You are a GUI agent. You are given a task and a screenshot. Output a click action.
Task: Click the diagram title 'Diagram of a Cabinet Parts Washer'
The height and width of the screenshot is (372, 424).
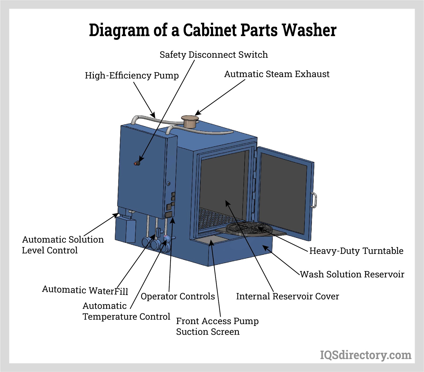tap(213, 30)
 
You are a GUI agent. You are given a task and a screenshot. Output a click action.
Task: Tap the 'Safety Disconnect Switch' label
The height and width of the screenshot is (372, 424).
tap(214, 55)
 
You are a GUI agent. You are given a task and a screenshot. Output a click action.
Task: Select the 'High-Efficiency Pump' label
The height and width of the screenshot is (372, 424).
tap(132, 75)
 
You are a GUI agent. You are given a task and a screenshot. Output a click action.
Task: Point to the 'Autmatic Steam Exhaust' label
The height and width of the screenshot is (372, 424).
tap(277, 74)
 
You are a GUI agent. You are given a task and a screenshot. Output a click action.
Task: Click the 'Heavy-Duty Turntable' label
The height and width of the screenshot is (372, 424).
tap(356, 251)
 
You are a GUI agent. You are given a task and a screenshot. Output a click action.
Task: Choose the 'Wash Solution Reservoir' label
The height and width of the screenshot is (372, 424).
tap(352, 274)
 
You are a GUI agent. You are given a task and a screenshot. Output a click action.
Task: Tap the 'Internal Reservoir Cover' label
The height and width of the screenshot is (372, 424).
tap(288, 296)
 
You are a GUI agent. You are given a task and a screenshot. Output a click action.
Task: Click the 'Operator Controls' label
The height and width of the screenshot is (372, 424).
tap(178, 296)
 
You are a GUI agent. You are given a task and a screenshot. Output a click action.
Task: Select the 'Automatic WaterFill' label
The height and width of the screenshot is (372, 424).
tap(85, 290)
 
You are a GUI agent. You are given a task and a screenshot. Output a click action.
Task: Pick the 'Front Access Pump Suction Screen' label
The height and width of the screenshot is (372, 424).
tap(217, 326)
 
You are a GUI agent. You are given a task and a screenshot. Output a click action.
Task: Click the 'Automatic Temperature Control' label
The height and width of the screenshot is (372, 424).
tap(126, 311)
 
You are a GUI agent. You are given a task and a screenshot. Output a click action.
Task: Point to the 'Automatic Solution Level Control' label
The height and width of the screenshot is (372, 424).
tap(63, 245)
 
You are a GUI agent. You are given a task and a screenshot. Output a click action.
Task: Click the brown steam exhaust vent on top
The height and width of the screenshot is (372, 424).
tap(190, 121)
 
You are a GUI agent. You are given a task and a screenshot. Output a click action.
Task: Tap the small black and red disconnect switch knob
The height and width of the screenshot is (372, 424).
tap(137, 163)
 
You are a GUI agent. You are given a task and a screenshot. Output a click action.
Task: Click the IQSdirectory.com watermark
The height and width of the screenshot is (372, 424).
tap(365, 355)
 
